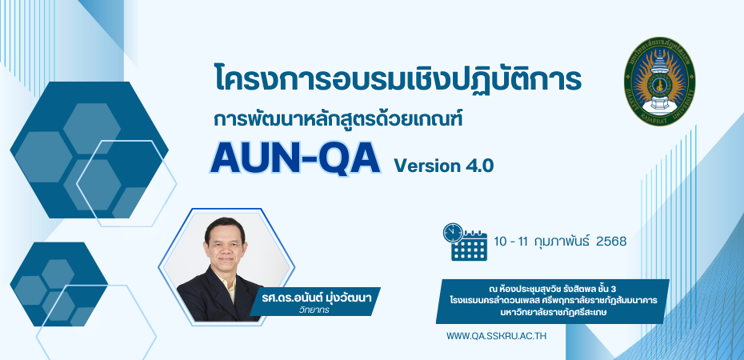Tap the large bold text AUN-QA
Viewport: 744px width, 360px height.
click(295, 158)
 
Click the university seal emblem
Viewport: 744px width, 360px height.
click(659, 82)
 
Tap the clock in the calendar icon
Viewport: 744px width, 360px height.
click(453, 233)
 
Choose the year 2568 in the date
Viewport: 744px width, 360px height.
click(611, 242)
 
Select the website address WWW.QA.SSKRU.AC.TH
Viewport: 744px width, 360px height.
click(496, 336)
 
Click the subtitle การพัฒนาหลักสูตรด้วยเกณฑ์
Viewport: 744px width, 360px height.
click(338, 119)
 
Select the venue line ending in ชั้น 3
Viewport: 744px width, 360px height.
click(552, 288)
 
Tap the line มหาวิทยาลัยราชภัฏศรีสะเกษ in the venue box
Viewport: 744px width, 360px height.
click(552, 313)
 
